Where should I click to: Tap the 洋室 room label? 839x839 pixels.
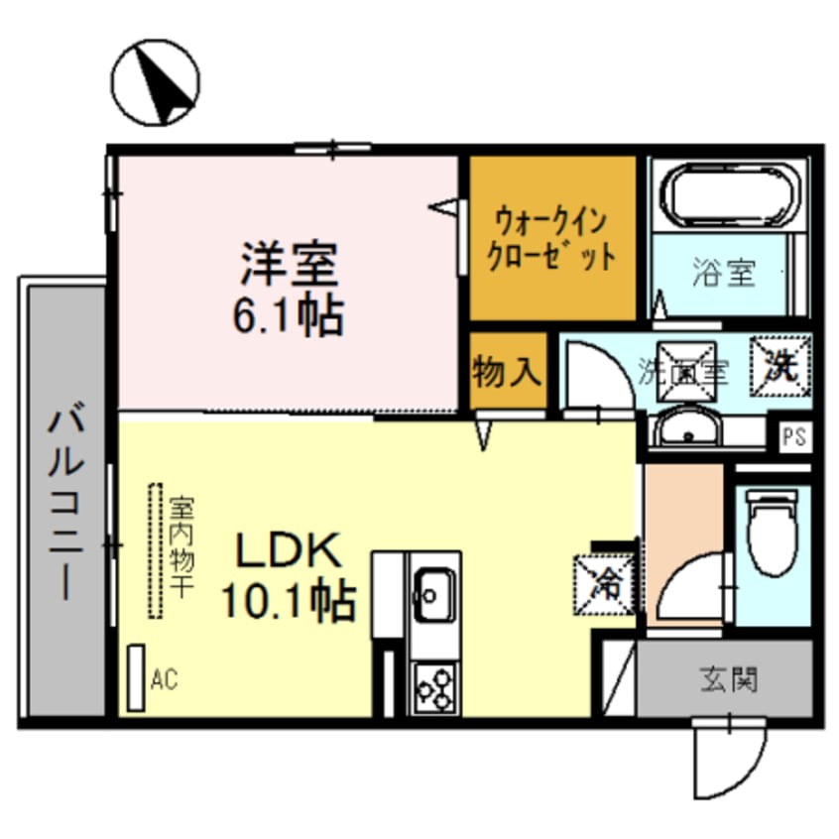[289, 262]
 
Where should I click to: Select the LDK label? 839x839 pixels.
[288, 551]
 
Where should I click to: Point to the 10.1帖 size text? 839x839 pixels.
[288, 600]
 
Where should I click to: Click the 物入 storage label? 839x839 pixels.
[507, 372]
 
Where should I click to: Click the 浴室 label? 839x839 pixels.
[724, 273]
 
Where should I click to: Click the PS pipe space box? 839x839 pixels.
[793, 436]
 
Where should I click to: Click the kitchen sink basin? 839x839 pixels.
[432, 592]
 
